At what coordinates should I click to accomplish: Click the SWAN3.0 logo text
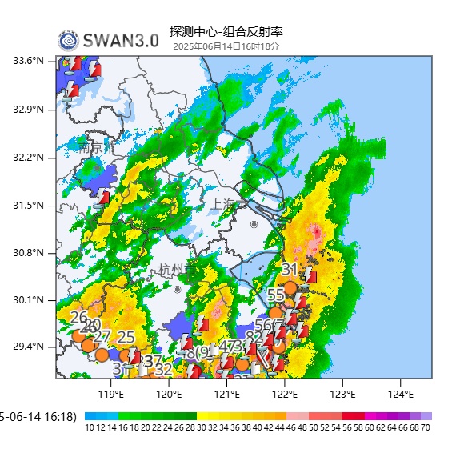pos(120,41)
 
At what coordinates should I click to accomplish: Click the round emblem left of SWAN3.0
pos(68,41)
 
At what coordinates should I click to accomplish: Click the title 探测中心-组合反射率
pos(226,32)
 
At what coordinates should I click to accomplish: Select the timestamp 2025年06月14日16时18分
pos(226,46)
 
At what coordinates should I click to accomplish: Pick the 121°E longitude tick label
pos(226,394)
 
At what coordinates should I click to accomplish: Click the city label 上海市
pos(228,205)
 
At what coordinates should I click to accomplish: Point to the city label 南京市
pos(97,147)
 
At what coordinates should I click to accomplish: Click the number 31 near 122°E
pos(290,270)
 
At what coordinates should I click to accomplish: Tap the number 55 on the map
pos(275,295)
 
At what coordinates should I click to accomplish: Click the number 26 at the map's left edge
pos(78,317)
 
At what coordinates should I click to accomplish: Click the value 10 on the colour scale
pos(90,428)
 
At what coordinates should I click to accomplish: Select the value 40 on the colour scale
pos(258,428)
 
